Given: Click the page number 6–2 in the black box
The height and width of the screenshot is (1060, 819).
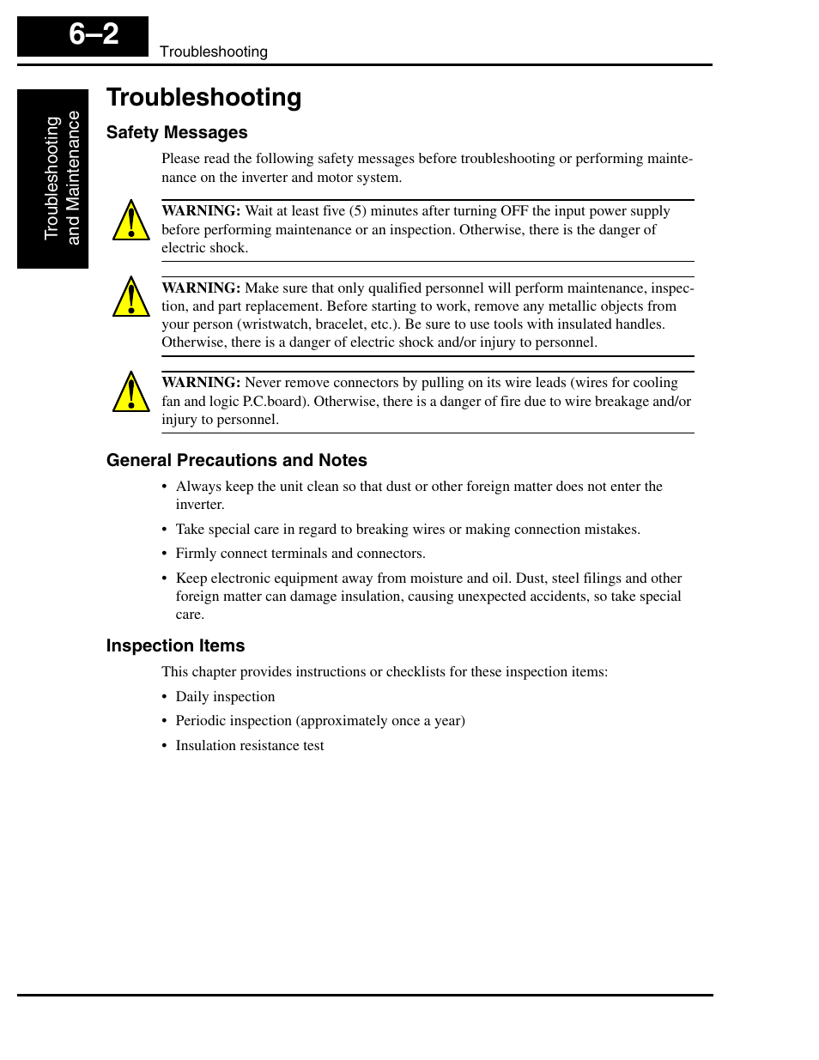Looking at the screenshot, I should coord(94,35).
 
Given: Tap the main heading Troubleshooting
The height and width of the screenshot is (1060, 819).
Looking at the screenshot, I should coord(203,98).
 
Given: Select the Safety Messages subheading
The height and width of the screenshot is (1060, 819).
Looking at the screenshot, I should coord(177,133).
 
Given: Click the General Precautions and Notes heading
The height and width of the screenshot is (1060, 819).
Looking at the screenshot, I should coord(236,461).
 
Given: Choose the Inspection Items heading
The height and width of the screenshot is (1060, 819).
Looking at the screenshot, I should coord(175,646).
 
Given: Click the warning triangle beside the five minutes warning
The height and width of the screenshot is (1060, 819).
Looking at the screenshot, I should coord(131,221).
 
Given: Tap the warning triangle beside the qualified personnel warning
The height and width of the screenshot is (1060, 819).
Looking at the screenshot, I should coord(131,297).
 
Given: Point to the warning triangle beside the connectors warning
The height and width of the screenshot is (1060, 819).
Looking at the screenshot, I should coord(131,392).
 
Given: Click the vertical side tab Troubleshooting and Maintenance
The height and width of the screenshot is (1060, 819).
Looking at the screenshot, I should coord(61,179).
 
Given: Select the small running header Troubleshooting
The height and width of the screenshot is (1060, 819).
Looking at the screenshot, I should coord(213,52).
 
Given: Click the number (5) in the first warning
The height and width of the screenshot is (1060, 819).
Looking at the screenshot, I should coord(358,211).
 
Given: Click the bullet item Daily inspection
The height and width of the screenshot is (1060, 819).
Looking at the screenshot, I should coord(225,697).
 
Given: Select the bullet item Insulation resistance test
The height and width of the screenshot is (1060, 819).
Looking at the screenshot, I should coord(250,746).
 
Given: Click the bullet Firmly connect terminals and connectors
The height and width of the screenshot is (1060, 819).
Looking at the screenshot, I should coord(300,554).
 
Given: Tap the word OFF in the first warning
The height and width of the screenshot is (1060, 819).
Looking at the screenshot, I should coord(514,211).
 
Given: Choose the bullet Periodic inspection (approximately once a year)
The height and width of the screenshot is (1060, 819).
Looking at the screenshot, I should coord(320,721).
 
